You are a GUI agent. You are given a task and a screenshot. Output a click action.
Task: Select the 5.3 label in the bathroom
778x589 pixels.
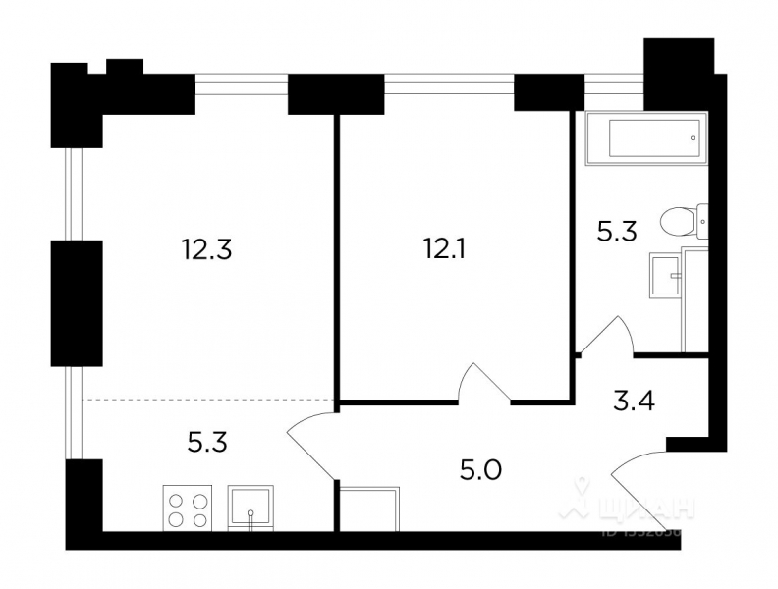(x=618, y=232)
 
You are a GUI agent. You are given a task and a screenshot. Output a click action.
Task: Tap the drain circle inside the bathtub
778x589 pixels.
(x=694, y=138)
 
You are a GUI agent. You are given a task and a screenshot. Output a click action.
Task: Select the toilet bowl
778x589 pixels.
(x=679, y=221)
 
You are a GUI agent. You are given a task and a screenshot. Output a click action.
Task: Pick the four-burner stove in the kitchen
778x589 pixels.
(x=189, y=508)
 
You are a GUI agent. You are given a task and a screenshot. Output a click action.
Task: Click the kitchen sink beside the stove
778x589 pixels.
(x=253, y=508)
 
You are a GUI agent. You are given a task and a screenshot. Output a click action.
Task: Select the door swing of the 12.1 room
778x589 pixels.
(x=482, y=383)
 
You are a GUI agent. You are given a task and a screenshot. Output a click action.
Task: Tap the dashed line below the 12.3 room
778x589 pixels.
(x=206, y=400)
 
